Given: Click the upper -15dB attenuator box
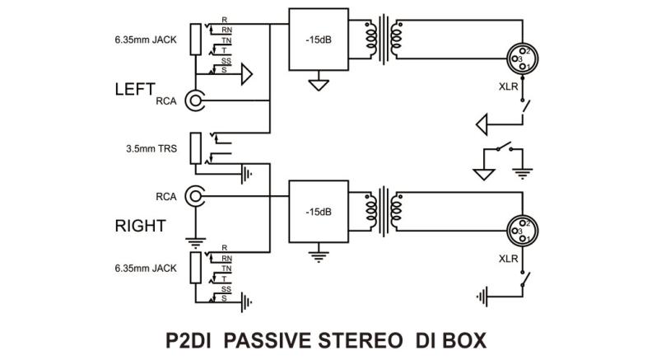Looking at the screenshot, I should click(318, 40).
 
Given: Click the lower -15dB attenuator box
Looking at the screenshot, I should click(318, 212).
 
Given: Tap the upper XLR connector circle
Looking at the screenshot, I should click(523, 58).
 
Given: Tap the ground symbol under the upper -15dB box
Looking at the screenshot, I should click(318, 84).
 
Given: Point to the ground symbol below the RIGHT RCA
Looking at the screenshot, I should click(196, 241).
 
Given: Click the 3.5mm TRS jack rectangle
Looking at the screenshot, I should click(196, 148).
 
